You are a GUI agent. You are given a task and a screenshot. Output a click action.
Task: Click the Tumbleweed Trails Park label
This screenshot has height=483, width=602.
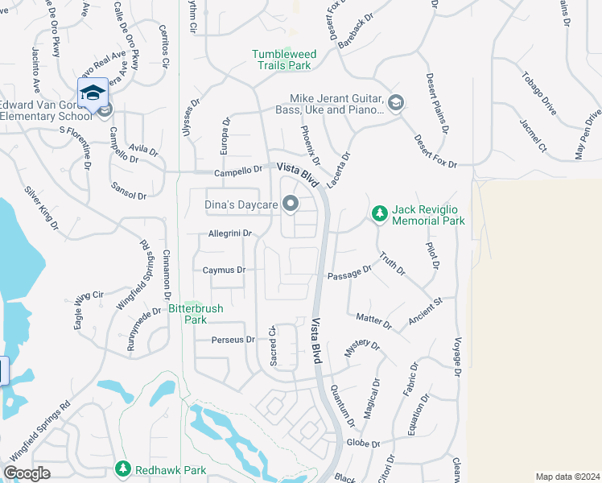coord(284,60)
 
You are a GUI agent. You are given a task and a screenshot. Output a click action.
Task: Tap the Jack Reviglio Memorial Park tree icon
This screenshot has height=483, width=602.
coord(380,213)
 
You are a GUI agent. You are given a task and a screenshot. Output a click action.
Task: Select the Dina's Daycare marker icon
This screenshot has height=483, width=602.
coord(291,204)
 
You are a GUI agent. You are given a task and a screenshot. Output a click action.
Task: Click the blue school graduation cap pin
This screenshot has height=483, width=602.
coord(93,92)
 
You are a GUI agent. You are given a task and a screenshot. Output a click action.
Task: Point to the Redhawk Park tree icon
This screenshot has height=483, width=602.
coord(122,468)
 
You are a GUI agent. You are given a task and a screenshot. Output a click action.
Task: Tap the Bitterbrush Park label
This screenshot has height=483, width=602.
coord(196,313)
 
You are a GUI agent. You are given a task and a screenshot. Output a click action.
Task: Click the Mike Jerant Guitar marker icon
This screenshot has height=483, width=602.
coord(395,102)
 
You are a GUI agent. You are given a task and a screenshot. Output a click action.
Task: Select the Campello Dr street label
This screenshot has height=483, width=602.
coord(238,171)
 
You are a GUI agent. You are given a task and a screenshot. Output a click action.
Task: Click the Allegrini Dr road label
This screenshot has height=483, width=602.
coord(230,233)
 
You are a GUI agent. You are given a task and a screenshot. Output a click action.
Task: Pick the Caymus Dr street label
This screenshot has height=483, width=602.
coord(224,270)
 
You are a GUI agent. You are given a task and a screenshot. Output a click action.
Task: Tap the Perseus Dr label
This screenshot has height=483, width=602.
coord(233,340)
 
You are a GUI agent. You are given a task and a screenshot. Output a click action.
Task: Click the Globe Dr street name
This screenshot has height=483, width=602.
coord(363,443)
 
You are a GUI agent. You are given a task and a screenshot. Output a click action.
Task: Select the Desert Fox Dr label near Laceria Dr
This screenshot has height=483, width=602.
coord(435,151)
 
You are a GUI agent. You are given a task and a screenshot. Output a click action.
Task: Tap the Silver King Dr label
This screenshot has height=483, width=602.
coord(42,208)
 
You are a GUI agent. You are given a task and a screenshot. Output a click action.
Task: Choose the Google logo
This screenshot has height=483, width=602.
coord(27,473)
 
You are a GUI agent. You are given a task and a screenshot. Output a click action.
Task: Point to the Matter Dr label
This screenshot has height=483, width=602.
coord(373,322)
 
